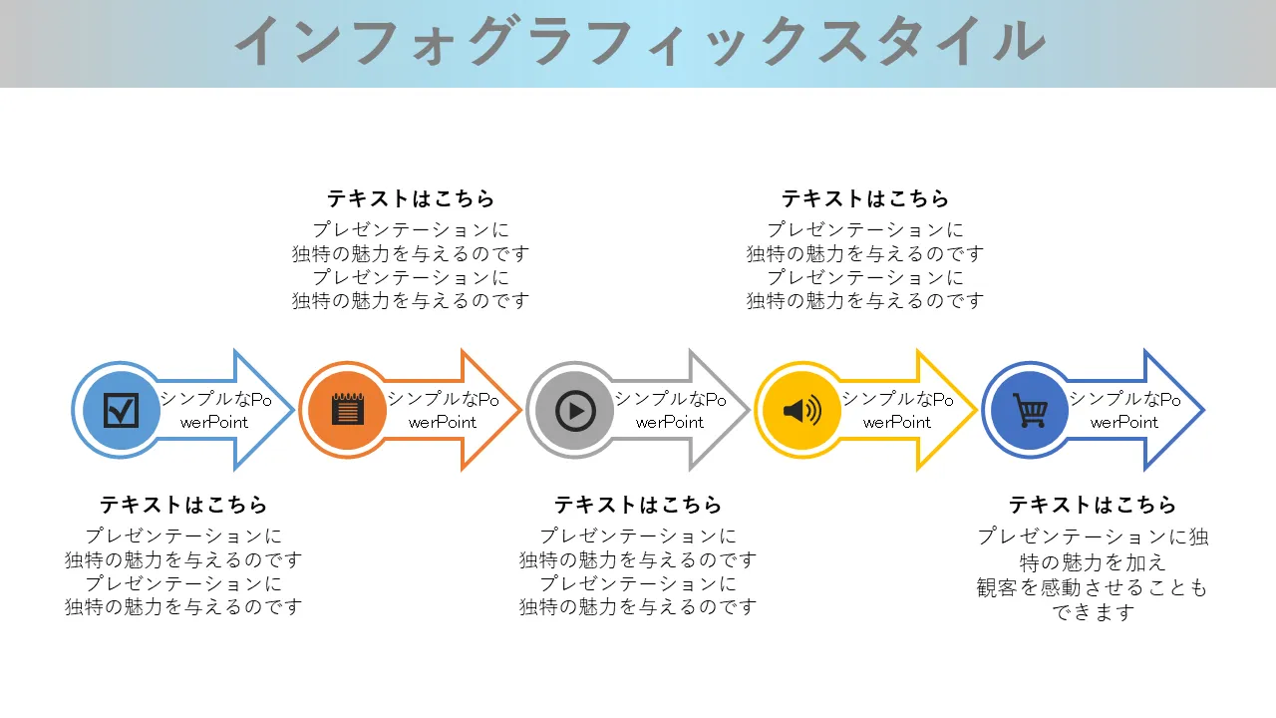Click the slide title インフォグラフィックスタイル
640,41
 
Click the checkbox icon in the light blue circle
121,410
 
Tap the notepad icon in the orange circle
348,409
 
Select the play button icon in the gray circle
575,410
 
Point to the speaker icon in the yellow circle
802,410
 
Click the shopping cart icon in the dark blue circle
1030,410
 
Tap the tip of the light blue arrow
294,410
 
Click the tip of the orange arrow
521,410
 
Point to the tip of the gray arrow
750,410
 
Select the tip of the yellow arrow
978,410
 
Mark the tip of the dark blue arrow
1205,410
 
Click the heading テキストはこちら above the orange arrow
410,198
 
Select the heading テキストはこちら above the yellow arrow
864,198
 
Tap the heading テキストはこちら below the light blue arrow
183,505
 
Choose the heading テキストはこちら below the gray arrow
638,505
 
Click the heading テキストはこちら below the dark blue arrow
1093,505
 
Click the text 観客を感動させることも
1092,587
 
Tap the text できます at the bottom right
1093,612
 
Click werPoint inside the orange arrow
442,422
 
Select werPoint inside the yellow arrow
896,422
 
